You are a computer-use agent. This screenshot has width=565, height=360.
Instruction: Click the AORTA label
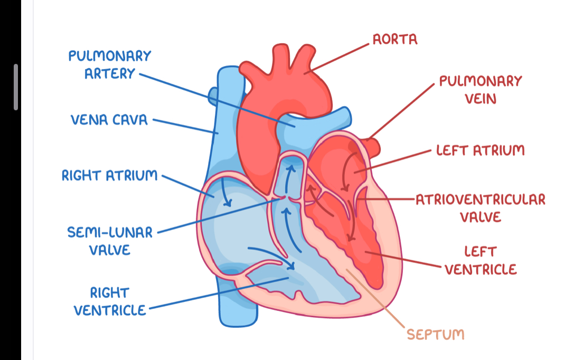pyautogui.click(x=395, y=39)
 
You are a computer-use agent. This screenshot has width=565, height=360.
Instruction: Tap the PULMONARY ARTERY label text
pyautogui.click(x=109, y=64)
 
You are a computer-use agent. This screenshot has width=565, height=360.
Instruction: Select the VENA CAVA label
pyautogui.click(x=109, y=120)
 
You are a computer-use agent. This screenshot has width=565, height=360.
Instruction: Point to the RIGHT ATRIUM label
pyautogui.click(x=109, y=175)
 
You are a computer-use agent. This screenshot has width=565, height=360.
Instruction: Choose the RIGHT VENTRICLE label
pyautogui.click(x=109, y=301)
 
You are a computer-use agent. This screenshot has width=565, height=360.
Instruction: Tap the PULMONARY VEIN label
pyautogui.click(x=480, y=89)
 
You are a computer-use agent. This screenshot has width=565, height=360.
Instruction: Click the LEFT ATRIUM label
pyautogui.click(x=480, y=150)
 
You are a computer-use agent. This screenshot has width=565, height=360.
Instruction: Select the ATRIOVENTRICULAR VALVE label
pyautogui.click(x=480, y=208)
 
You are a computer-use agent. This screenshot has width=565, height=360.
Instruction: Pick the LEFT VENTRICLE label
pyautogui.click(x=480, y=261)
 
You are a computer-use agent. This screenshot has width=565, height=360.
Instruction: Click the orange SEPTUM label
pyautogui.click(x=436, y=334)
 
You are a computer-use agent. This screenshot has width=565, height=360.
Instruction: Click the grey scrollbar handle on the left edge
pyautogui.click(x=16, y=87)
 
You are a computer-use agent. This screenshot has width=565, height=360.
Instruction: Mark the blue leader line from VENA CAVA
pyautogui.click(x=185, y=126)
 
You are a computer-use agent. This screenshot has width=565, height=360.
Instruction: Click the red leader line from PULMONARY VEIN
pyautogui.click(x=404, y=111)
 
